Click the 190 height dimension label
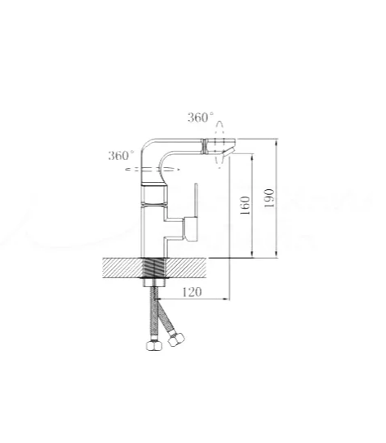(x=269, y=198)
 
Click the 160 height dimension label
(x=245, y=206)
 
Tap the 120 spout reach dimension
(x=192, y=292)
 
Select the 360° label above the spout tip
(x=201, y=117)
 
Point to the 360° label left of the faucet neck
(x=121, y=155)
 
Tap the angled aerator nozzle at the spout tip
(x=228, y=152)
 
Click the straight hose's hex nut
(x=154, y=345)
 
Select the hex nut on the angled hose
(x=175, y=339)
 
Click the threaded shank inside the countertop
(x=154, y=268)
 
